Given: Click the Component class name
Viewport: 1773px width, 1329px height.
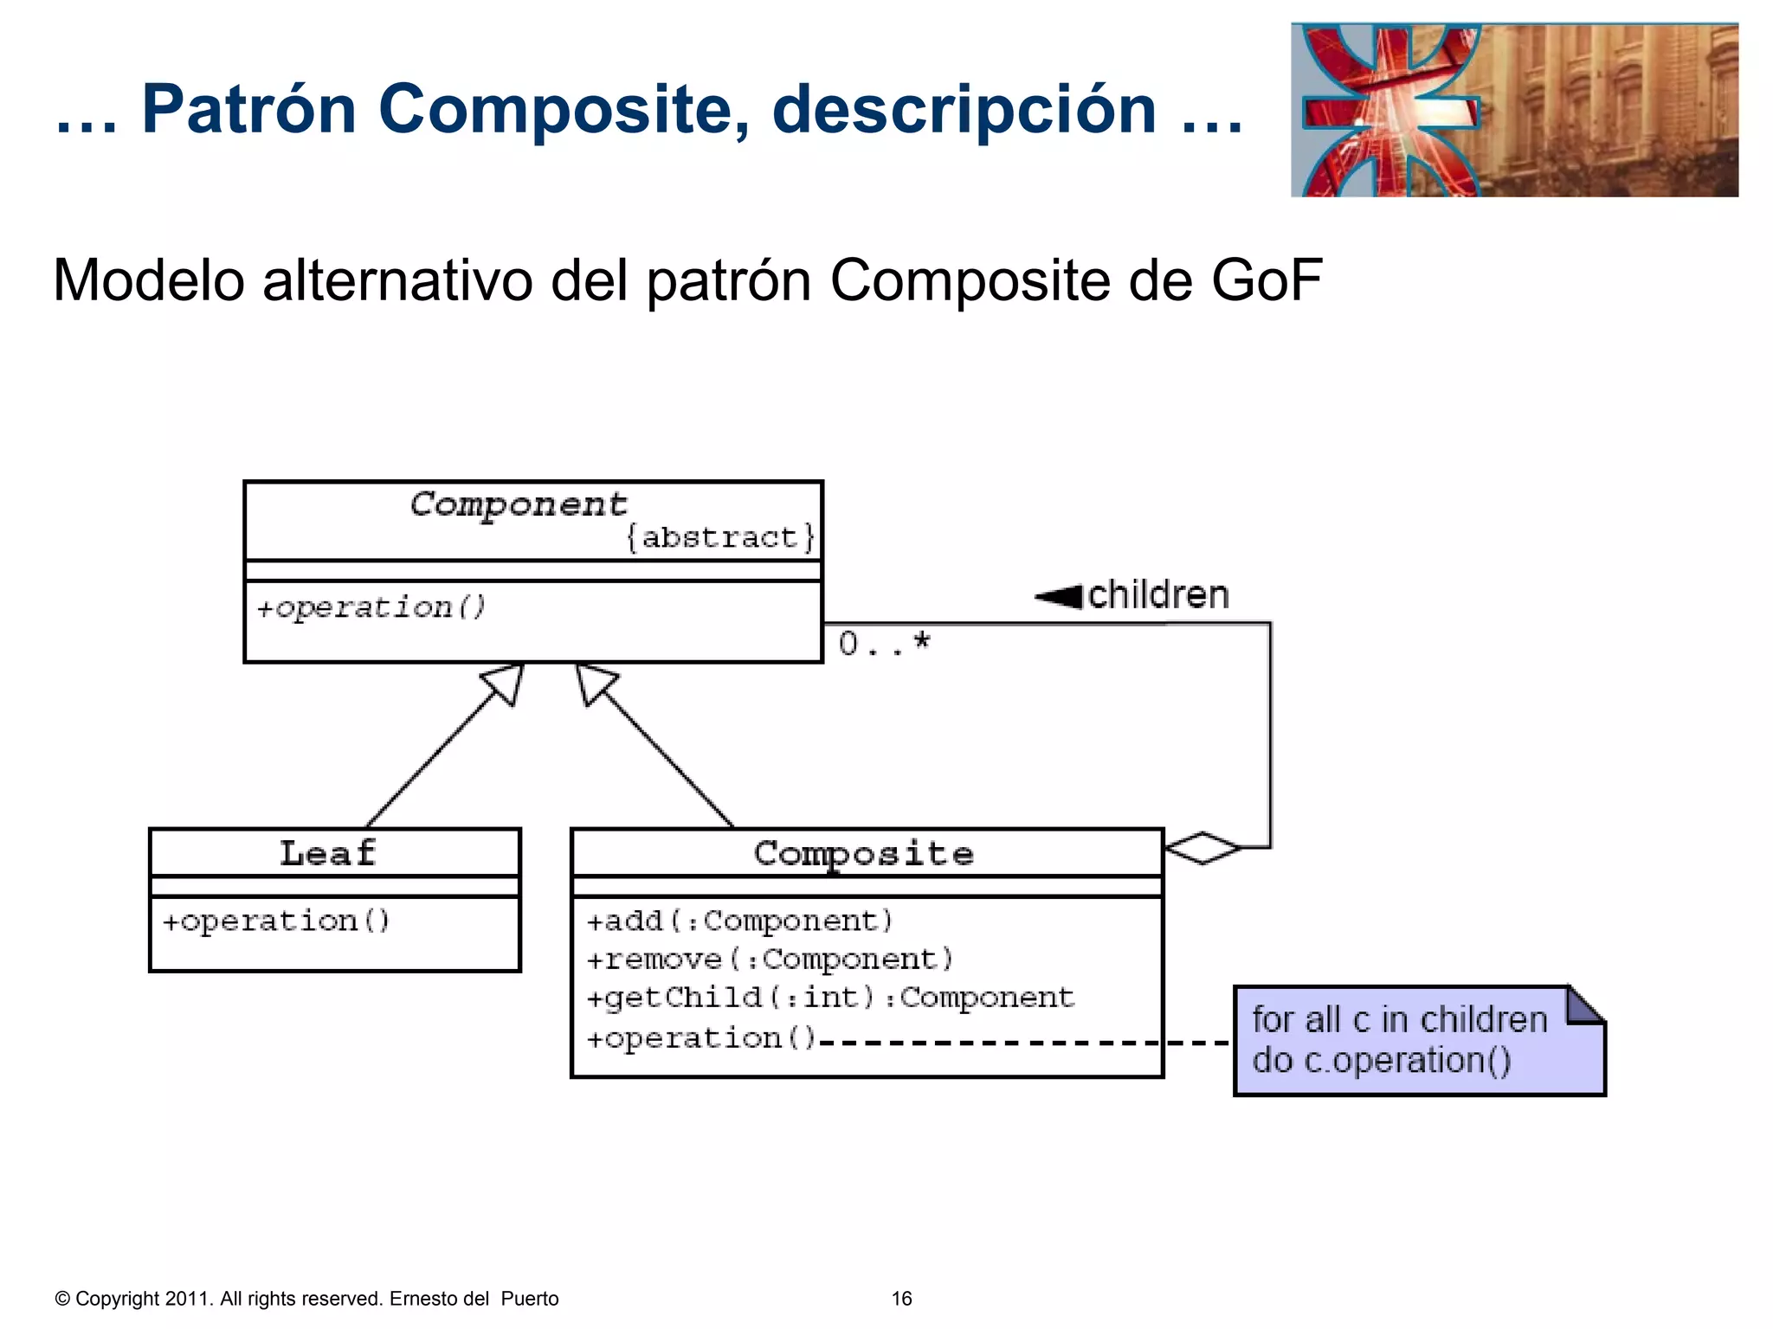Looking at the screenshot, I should coord(518,504).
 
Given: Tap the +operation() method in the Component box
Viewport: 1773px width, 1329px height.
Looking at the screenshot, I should coord(371,607).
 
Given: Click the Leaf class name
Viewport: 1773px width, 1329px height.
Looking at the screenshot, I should coord(328,854).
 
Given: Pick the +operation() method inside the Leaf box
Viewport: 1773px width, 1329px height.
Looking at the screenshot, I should coord(276,921).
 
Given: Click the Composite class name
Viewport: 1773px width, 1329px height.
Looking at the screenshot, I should coord(863,854).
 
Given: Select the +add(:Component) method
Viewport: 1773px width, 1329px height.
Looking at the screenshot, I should coord(739,921).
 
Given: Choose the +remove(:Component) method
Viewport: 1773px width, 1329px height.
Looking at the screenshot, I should coord(770,960).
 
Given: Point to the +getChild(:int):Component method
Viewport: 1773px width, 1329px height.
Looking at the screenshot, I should coord(829,998).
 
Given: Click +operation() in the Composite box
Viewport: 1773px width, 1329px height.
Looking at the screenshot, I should coord(701,1038).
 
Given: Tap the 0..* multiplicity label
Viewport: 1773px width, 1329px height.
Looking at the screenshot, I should coord(884,644).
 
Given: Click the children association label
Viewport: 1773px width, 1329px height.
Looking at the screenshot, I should coord(1158,595).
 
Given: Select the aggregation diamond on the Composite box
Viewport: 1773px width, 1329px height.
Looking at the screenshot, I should coord(1203,847).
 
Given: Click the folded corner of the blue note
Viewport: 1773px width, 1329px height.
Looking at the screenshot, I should coord(1585,1005).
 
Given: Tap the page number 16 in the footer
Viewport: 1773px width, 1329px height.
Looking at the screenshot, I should coord(901,1299).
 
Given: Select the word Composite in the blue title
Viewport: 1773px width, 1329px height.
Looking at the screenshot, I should coord(563,109).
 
